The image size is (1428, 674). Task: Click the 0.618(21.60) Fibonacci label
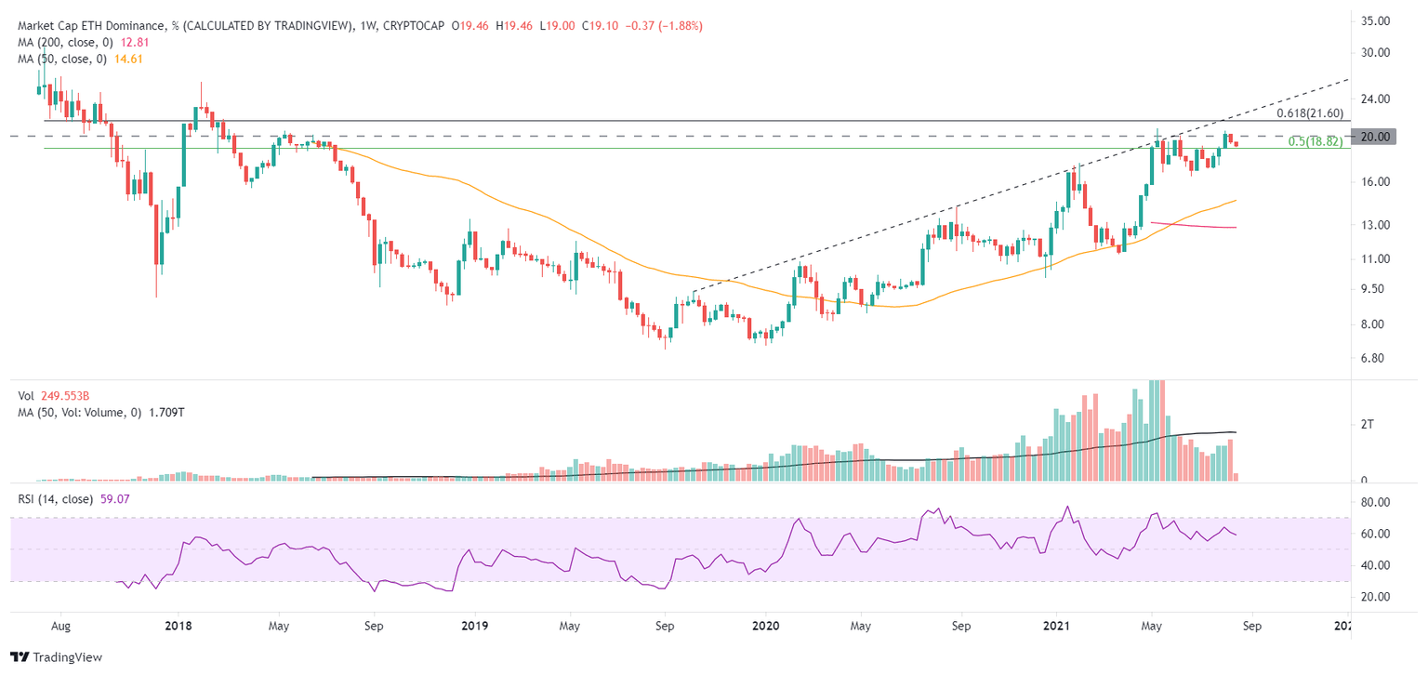pos(1310,112)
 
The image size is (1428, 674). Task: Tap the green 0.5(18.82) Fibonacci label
pos(1315,141)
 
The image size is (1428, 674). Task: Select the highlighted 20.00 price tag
pos(1373,137)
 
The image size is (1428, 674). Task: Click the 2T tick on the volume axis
pos(1367,425)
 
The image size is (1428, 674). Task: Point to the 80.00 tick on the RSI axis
pos(1373,502)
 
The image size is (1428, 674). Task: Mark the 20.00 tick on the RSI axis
pos(1373,596)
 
